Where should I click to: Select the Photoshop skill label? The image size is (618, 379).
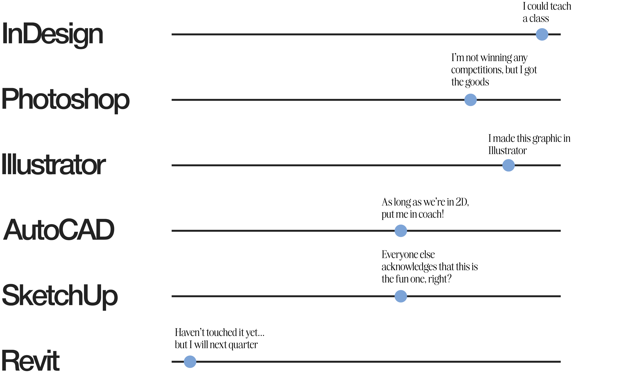click(66, 100)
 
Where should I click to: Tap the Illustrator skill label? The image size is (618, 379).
click(54, 165)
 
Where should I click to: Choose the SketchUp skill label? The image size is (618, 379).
click(60, 296)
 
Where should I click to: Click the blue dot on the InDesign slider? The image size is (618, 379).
click(542, 34)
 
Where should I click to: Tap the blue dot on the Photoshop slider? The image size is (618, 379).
click(470, 100)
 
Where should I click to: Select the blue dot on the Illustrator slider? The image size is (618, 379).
click(508, 165)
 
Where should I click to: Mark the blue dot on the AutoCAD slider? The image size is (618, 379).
click(400, 230)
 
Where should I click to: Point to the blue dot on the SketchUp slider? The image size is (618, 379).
click(400, 296)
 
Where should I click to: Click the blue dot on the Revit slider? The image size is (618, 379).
click(190, 362)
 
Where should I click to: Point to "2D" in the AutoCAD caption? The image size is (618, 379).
click(462, 203)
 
